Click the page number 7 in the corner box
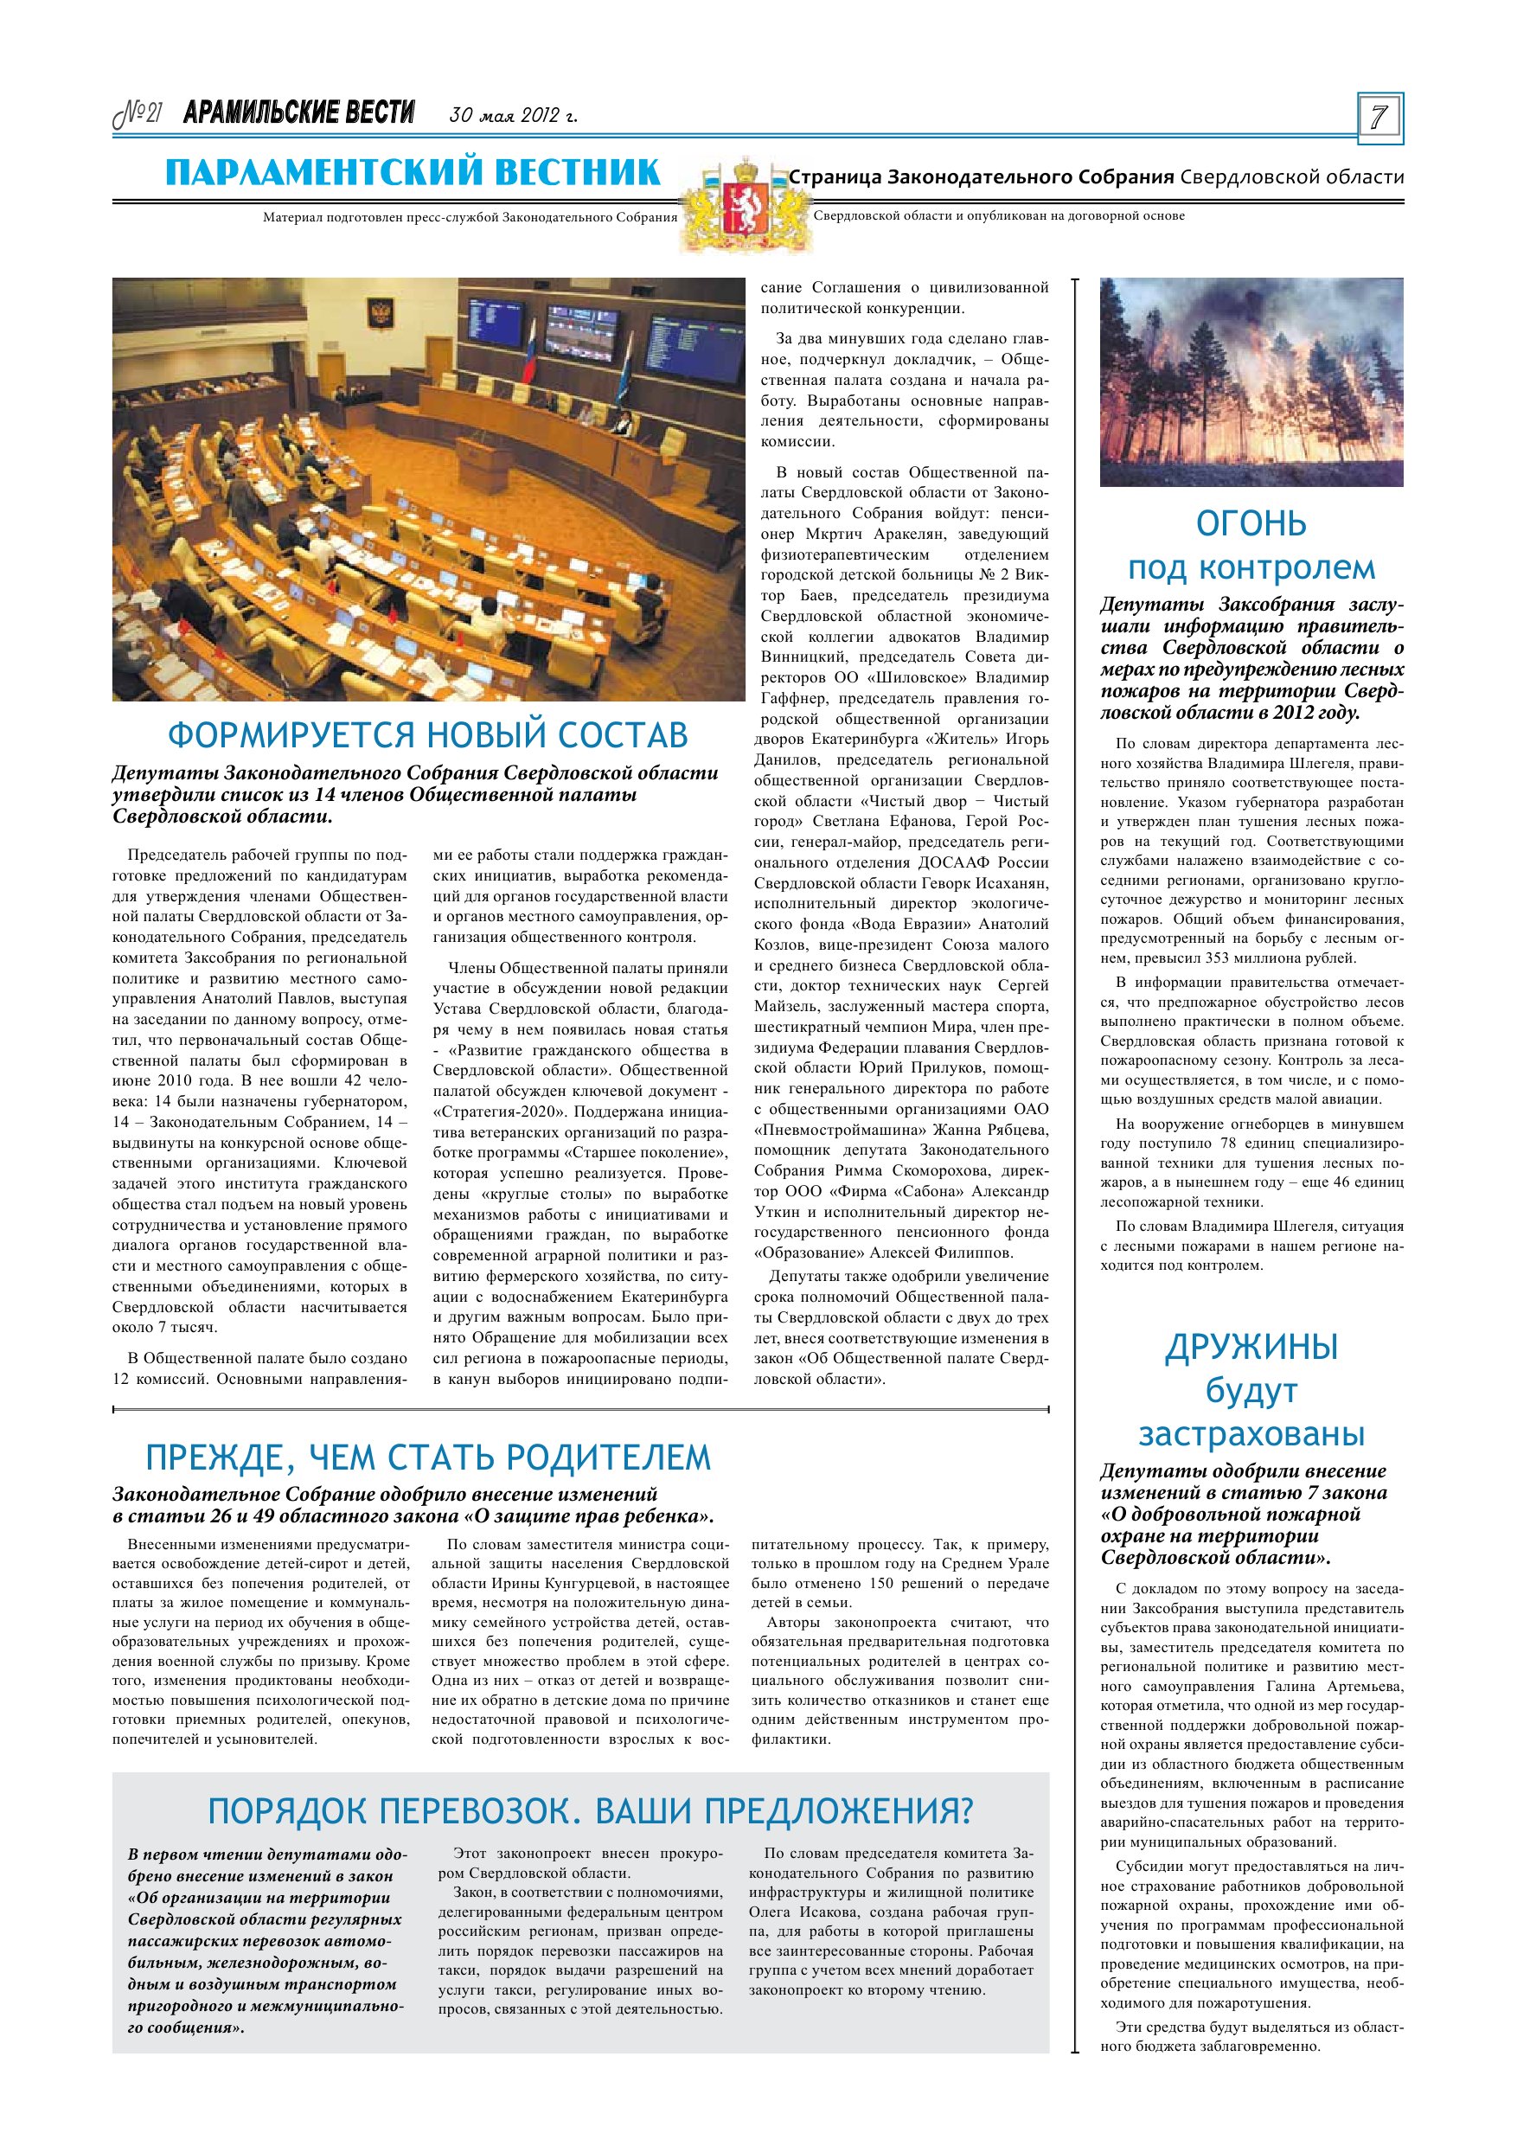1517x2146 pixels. pyautogui.click(x=1379, y=118)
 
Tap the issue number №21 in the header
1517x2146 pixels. pyautogui.click(x=138, y=114)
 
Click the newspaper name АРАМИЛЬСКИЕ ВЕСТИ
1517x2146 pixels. pyautogui.click(x=299, y=113)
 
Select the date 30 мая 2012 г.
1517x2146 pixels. pyautogui.click(x=513, y=116)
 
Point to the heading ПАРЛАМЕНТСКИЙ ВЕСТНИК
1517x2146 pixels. pyautogui.click(x=413, y=173)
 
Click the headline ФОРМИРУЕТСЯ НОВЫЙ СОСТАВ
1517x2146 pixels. pyautogui.click(x=427, y=735)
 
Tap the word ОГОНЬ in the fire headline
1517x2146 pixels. pyautogui.click(x=1251, y=524)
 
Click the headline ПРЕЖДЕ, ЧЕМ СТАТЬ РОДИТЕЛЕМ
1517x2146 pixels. pyautogui.click(x=427, y=1457)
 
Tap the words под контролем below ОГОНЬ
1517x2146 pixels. pyautogui.click(x=1251, y=567)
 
